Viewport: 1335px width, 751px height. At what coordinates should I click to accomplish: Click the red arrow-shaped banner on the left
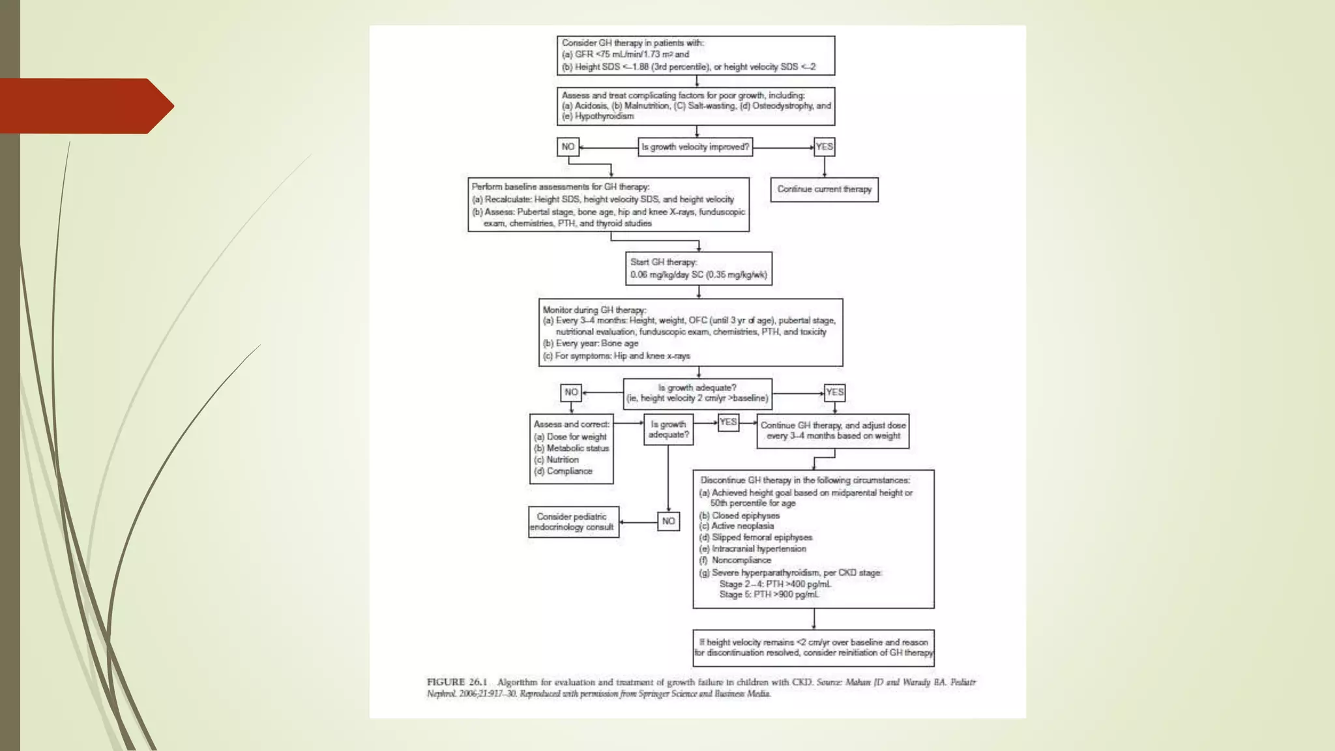(x=85, y=106)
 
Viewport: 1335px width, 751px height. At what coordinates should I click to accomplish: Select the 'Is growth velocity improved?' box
(x=695, y=147)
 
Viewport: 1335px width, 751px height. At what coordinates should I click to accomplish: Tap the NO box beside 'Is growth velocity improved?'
(x=568, y=147)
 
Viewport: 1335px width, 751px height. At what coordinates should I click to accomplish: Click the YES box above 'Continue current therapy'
(x=824, y=147)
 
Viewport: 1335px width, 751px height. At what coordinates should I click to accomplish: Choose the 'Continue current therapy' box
(x=824, y=190)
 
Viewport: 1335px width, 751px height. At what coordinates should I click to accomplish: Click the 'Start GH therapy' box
(x=698, y=269)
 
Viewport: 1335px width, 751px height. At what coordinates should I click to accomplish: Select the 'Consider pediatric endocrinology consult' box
(x=573, y=522)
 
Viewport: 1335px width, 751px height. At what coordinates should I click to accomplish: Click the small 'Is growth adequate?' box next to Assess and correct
(x=668, y=430)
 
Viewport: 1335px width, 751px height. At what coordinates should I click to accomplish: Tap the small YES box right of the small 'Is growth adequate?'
(x=728, y=422)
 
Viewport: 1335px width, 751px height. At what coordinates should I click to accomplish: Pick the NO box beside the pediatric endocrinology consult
(x=668, y=522)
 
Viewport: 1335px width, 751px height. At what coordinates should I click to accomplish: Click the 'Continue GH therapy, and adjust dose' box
(x=832, y=431)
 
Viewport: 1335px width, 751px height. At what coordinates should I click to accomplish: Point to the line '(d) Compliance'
(x=564, y=471)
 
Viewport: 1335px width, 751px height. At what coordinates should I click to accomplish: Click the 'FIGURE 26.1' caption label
(x=457, y=683)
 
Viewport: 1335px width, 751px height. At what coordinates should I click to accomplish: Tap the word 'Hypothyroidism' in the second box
(x=604, y=117)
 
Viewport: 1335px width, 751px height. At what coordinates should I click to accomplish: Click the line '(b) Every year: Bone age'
(x=591, y=344)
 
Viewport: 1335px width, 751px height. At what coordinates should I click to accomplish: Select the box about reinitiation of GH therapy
(x=814, y=647)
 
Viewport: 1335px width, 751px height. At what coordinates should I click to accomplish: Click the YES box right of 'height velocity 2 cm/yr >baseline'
(x=834, y=392)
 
